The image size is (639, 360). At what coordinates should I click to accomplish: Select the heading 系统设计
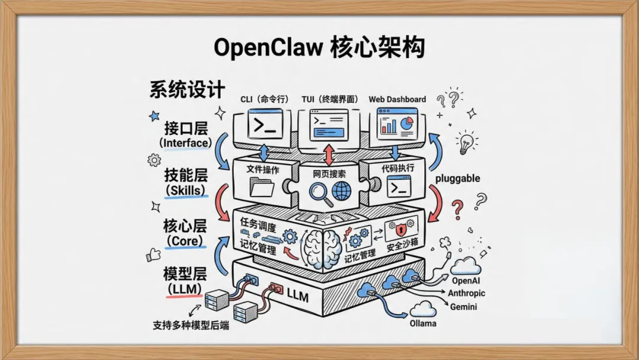point(187,89)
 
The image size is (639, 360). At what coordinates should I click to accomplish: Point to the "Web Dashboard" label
point(397,99)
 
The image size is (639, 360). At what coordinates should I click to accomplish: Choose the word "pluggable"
point(457,178)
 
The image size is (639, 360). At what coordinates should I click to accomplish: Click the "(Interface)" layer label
point(185,143)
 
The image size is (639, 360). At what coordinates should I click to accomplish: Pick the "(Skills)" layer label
point(186,191)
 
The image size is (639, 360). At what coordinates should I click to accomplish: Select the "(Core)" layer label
point(185,241)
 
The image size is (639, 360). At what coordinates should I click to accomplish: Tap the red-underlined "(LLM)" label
point(185,289)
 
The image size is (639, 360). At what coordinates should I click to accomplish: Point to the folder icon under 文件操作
point(263,188)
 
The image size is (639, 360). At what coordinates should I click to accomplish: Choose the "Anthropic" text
point(466,294)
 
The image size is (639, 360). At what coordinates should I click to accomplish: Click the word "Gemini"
point(463,307)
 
